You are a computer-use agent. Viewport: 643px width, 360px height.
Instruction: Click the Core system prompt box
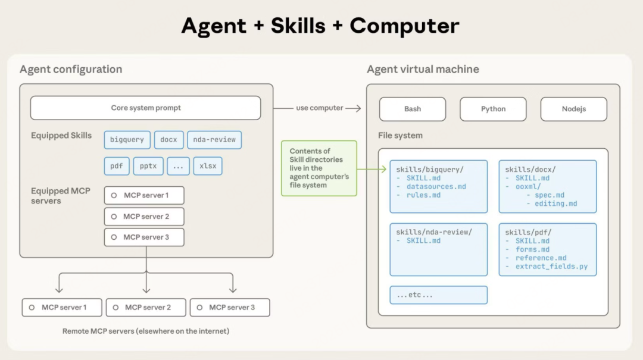[145, 108]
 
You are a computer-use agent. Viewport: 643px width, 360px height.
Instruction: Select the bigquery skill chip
[127, 140]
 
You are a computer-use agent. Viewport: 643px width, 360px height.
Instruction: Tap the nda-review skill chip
[214, 140]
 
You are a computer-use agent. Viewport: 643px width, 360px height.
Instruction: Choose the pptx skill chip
[148, 166]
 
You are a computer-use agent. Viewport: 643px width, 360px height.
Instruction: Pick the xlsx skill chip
[207, 166]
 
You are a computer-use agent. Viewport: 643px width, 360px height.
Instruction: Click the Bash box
[412, 109]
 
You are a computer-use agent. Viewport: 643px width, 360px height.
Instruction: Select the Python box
[493, 109]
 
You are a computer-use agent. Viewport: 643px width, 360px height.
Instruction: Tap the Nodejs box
[573, 109]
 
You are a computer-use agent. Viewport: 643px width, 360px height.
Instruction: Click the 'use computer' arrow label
[319, 108]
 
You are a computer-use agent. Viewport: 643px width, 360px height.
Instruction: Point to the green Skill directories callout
[319, 168]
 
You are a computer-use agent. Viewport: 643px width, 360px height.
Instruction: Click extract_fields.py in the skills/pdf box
[551, 267]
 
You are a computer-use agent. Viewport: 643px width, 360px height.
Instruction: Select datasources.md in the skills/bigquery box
[436, 187]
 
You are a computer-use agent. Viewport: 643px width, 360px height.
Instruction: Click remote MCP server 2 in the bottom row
[146, 308]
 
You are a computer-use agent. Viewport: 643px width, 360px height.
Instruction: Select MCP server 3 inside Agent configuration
[144, 237]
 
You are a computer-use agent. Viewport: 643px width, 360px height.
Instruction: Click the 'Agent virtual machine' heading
[423, 70]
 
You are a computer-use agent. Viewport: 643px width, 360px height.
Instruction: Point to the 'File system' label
[400, 136]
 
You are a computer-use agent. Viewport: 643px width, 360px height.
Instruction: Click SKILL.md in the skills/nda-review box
[423, 241]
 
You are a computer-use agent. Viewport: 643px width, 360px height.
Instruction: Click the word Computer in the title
[404, 26]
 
